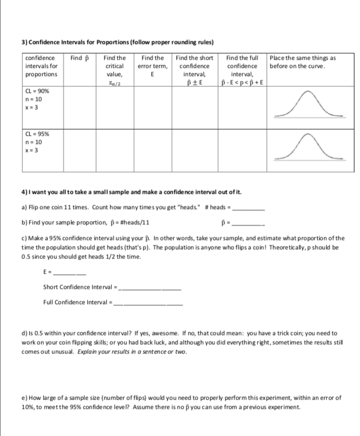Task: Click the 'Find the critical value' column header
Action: point(114,70)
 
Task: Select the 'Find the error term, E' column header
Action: point(152,66)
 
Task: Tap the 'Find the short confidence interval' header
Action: point(194,70)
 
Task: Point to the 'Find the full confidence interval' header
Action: point(242,70)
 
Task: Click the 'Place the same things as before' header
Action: point(302,62)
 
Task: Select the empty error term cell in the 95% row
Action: point(152,147)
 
